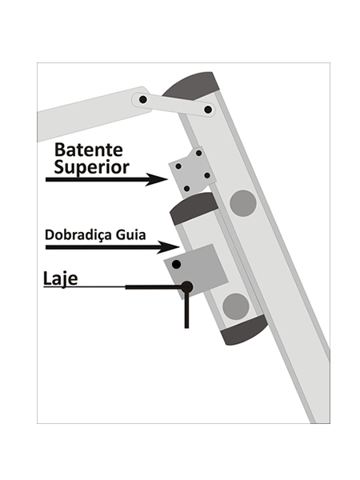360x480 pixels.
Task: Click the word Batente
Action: tap(89, 150)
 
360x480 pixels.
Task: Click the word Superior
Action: tap(91, 168)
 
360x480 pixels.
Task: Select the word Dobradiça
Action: tap(78, 235)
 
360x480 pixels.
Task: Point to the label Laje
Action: tap(60, 278)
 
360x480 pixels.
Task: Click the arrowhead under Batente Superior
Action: tap(157, 179)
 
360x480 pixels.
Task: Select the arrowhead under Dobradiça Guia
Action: tap(168, 247)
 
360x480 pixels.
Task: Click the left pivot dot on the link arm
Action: tap(142, 99)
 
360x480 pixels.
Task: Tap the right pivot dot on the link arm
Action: tap(208, 110)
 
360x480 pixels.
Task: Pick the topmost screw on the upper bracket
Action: tap(198, 153)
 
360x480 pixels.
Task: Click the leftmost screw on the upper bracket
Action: tap(178, 166)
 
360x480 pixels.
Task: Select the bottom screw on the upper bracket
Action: tap(186, 189)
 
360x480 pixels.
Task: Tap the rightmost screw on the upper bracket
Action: tap(207, 175)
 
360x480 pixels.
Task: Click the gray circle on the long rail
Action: tap(243, 203)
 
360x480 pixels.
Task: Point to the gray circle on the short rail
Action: tap(236, 306)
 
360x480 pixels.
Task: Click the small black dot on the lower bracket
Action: tap(176, 265)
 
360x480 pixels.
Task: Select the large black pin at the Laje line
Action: tap(186, 287)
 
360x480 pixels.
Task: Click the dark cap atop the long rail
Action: tap(191, 86)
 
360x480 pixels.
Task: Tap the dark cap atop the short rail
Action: tap(194, 209)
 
